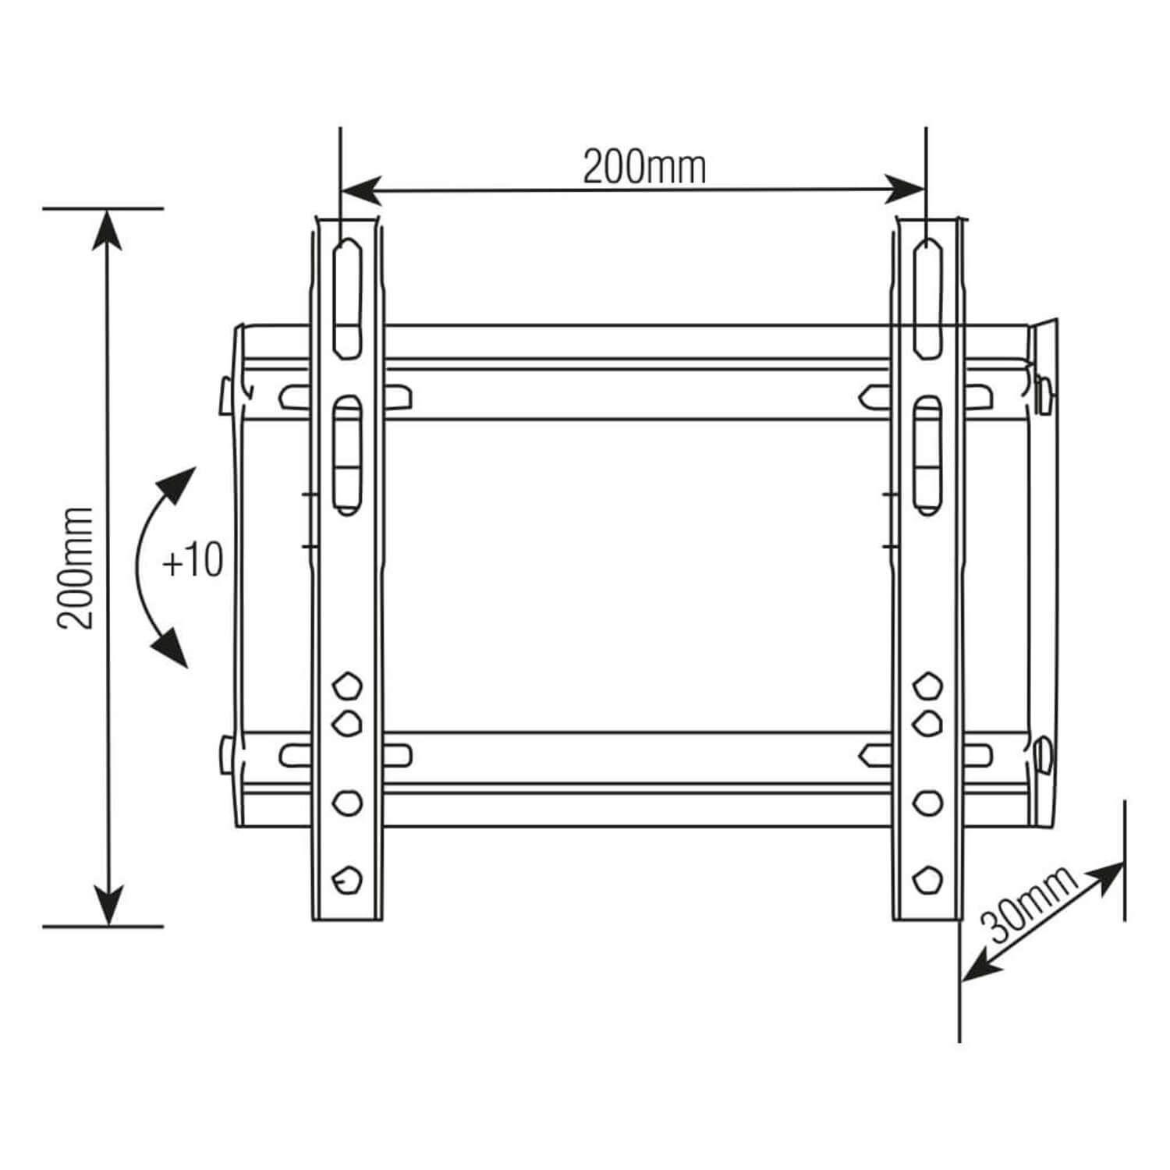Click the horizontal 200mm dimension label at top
pyautogui.click(x=644, y=167)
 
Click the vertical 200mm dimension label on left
pyautogui.click(x=76, y=567)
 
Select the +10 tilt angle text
pyautogui.click(x=192, y=561)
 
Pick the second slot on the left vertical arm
pyautogui.click(x=347, y=455)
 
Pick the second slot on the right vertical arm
pyautogui.click(x=927, y=455)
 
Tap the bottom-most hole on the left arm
pyautogui.click(x=347, y=880)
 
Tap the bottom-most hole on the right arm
pyautogui.click(x=927, y=880)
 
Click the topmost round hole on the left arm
pyautogui.click(x=347, y=686)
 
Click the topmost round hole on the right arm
pyautogui.click(x=927, y=686)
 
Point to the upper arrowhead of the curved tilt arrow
pyautogui.click(x=179, y=482)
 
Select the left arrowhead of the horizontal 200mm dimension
pyautogui.click(x=360, y=189)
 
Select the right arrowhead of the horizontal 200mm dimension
pyautogui.click(x=906, y=189)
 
